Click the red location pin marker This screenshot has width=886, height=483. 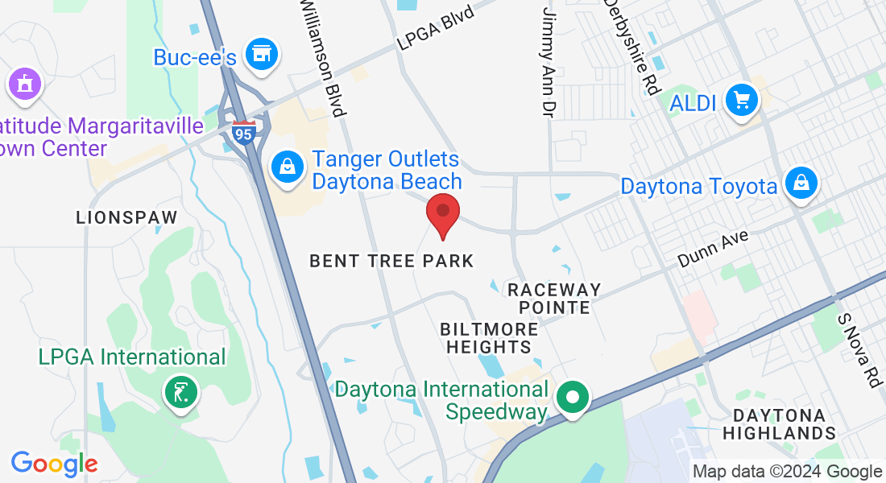tap(442, 214)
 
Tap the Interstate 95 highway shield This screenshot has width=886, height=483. tap(243, 132)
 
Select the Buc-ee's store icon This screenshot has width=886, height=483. tap(261, 54)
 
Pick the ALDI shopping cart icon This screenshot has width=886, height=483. tap(741, 101)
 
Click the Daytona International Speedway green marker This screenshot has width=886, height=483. tap(573, 397)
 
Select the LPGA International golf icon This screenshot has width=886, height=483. tap(181, 393)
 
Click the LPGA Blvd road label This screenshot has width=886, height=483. tap(435, 27)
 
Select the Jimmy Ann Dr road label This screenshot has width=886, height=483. tap(549, 60)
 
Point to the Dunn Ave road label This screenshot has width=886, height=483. tap(713, 248)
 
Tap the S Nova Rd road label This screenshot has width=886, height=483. tap(859, 350)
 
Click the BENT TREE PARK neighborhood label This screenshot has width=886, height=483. tap(392, 261)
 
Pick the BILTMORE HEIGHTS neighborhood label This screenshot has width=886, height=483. tap(489, 338)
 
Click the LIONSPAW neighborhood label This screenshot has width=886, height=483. tap(126, 217)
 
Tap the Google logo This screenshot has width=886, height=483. tap(54, 464)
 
